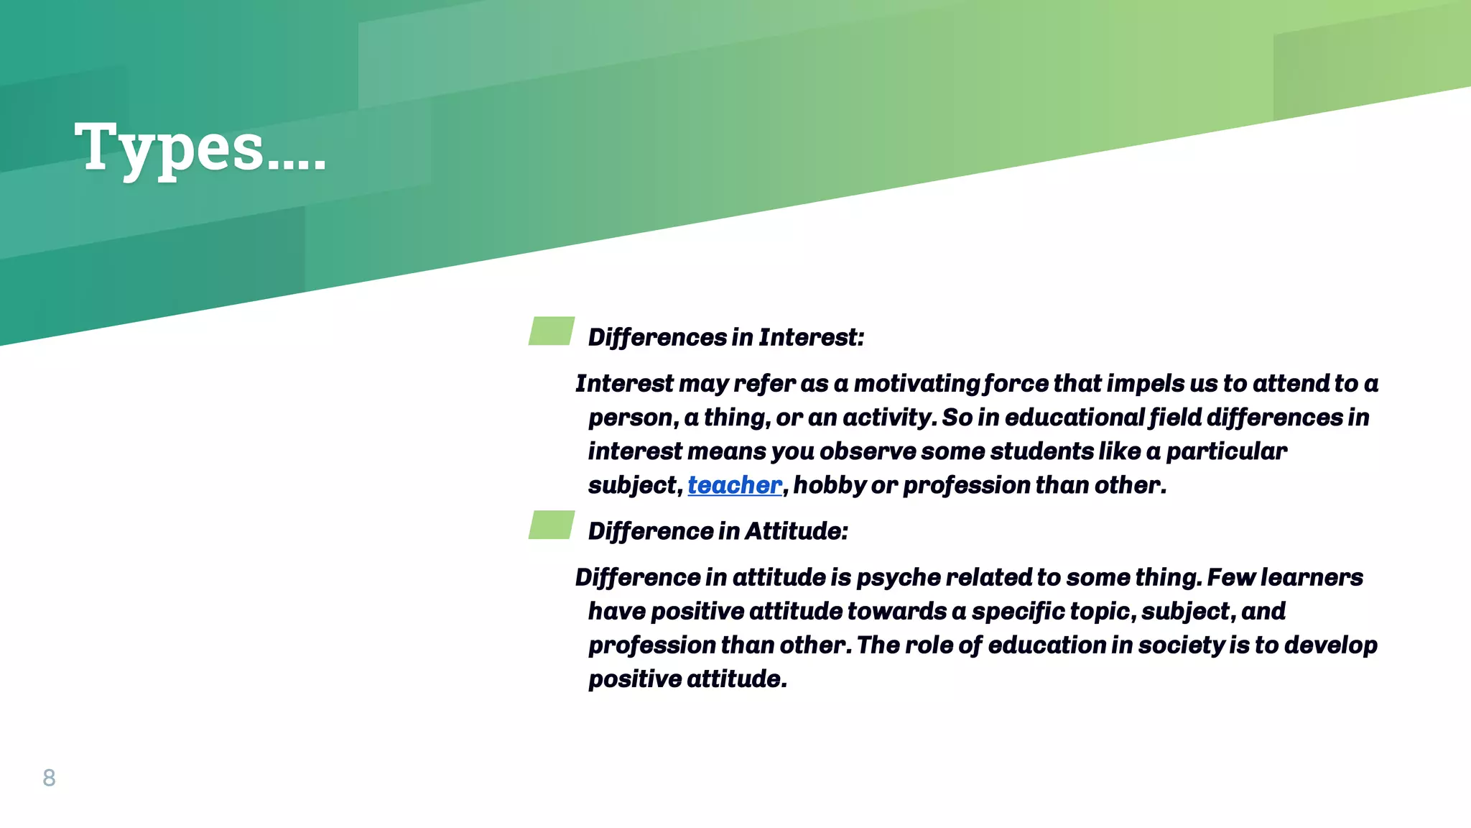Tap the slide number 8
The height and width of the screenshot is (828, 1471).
point(49,778)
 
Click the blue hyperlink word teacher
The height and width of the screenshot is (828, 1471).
point(734,485)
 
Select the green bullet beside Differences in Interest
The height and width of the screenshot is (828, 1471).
point(552,331)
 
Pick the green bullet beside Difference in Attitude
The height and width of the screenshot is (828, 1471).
point(552,525)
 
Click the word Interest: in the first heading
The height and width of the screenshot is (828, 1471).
point(812,337)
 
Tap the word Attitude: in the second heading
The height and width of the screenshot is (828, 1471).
point(797,531)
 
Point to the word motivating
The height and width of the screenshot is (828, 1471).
point(917,384)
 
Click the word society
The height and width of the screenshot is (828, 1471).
point(1181,645)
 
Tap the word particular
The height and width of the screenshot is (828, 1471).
point(1226,451)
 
